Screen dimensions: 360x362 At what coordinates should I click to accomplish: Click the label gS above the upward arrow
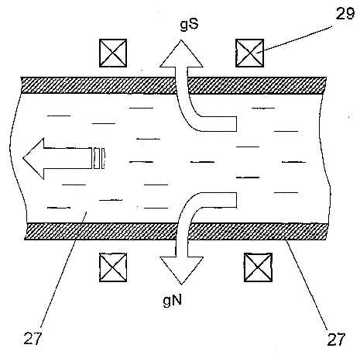coord(189,25)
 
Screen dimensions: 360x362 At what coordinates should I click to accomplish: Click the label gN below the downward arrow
coord(173,301)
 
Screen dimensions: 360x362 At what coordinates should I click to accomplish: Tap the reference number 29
coord(345,13)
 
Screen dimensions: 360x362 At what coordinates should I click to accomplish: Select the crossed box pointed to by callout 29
coord(249,53)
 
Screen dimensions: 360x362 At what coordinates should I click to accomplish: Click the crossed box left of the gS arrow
coord(113,53)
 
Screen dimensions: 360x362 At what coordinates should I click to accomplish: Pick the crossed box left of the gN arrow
coord(113,267)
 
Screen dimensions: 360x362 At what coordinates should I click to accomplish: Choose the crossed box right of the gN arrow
coord(258,267)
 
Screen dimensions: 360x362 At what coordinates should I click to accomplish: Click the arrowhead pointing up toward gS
coord(181,53)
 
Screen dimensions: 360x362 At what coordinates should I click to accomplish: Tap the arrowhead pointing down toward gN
coord(182,271)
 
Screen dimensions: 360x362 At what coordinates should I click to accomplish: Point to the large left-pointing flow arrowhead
coord(33,158)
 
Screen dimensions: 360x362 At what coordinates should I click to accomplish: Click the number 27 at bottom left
coord(33,339)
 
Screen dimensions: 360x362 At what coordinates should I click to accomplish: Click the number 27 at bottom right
coord(336,340)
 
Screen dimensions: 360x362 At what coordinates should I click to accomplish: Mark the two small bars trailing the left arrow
coord(99,158)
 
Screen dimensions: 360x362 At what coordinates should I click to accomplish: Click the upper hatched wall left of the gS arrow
coord(98,85)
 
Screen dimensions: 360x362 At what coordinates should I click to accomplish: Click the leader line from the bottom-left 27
coord(63,267)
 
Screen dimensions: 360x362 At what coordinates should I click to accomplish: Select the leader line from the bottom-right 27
coord(307,284)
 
